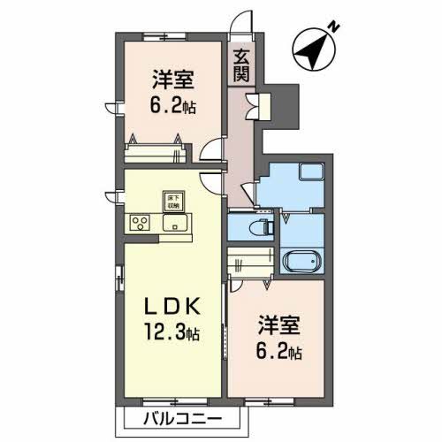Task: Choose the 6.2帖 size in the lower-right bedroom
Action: (278, 351)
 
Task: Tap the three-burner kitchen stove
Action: (141, 223)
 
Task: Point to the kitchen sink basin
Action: (174, 223)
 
